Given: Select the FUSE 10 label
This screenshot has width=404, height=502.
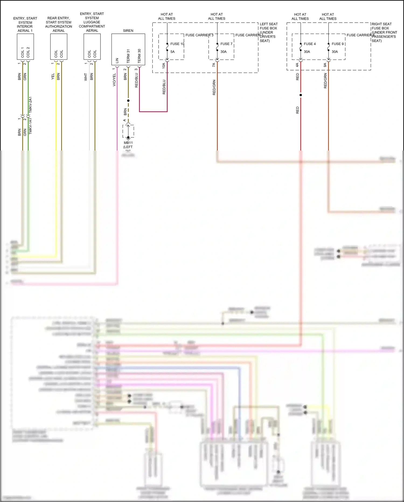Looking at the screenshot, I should [x=177, y=44].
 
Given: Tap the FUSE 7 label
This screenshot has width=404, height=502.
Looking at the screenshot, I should [x=226, y=44].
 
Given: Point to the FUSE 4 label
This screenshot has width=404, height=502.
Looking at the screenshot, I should [x=310, y=44].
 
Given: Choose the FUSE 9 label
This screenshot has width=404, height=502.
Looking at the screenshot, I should [x=337, y=44].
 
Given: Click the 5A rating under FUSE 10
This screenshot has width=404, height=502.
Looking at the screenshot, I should [x=172, y=52].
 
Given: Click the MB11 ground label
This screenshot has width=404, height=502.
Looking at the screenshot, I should [x=128, y=143].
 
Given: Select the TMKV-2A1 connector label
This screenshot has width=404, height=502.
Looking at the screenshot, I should [x=30, y=105].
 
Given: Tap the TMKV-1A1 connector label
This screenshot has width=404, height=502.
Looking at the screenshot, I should [x=30, y=126].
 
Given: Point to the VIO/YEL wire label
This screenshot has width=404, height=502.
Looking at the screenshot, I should [x=114, y=80].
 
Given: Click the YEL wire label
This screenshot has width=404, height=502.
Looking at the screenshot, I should [x=53, y=77].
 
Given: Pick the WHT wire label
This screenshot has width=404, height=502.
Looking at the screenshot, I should [x=86, y=77].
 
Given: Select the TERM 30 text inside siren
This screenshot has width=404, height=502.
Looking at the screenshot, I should [x=139, y=56].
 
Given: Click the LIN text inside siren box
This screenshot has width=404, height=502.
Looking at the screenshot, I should [x=117, y=60].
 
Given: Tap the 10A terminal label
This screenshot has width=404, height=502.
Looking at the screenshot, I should [x=163, y=65].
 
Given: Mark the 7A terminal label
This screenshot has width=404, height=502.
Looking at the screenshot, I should [x=214, y=65].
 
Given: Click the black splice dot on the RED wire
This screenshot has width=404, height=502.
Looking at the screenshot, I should [x=301, y=95].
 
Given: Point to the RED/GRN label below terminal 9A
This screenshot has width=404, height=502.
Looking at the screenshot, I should [x=325, y=81].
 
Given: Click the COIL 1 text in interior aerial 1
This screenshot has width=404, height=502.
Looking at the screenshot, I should [x=23, y=52].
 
